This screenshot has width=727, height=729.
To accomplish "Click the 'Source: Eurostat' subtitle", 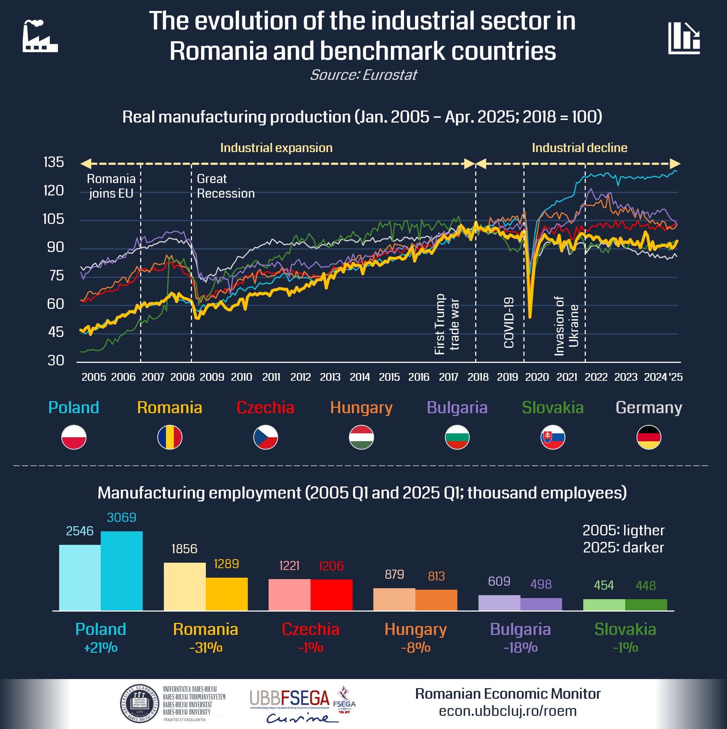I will pyautogui.click(x=363, y=75).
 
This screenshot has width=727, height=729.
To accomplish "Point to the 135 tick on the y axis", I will pyautogui.click(x=54, y=162).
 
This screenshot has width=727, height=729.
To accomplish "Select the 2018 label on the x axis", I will pyautogui.click(x=478, y=377).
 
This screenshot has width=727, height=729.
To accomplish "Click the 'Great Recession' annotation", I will pyautogui.click(x=226, y=186).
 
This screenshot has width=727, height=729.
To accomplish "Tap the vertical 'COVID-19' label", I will pyautogui.click(x=509, y=322).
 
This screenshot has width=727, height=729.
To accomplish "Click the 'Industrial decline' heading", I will pyautogui.click(x=579, y=148).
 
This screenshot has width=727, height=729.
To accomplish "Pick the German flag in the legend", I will pyautogui.click(x=649, y=437).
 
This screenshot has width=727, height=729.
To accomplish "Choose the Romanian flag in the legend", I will pyautogui.click(x=170, y=437).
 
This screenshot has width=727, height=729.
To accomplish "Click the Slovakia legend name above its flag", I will pyautogui.click(x=553, y=407).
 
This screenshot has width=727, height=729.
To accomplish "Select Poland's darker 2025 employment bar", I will pyautogui.click(x=122, y=570).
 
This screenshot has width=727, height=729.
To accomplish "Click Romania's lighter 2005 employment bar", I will pyautogui.click(x=185, y=586).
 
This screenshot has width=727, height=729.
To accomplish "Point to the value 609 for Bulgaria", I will pyautogui.click(x=499, y=581).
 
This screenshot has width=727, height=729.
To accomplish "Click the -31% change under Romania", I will pyautogui.click(x=206, y=648).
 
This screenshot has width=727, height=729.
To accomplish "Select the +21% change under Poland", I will pyautogui.click(x=101, y=648).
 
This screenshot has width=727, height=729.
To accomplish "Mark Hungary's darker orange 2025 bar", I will pyautogui.click(x=436, y=600).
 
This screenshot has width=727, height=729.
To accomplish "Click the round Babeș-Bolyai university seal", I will pyautogui.click(x=139, y=703).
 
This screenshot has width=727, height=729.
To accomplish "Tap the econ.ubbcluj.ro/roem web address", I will pyautogui.click(x=507, y=711).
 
